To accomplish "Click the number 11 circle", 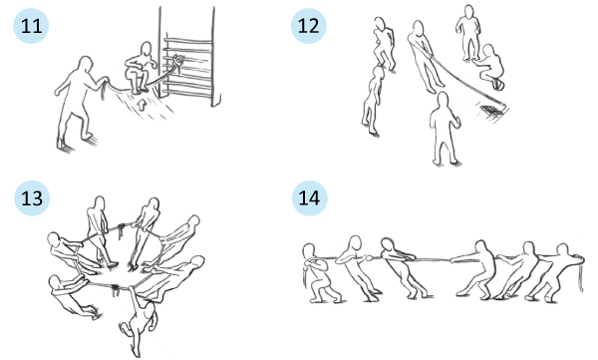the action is click(31, 26).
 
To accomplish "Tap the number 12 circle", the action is click(309, 26).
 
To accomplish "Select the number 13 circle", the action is click(32, 197).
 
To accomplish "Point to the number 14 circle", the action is click(309, 197).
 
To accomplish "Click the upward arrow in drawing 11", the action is click(142, 105).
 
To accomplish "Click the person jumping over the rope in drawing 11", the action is click(141, 68).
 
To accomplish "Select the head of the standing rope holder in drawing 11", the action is click(86, 65).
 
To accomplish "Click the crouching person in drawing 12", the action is click(491, 67).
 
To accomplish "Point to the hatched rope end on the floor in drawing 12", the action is click(491, 111).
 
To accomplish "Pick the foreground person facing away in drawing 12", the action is click(445, 129).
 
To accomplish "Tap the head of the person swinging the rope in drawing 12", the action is click(419, 28).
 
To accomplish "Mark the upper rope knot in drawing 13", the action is click(122, 229).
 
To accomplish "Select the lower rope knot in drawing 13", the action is click(115, 290).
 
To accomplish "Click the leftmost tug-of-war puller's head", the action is click(309, 252).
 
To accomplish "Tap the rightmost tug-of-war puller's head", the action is click(563, 250).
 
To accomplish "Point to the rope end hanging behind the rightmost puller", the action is click(581, 273).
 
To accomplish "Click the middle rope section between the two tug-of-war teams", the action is click(433, 259).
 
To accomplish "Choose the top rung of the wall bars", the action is click(188, 39).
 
